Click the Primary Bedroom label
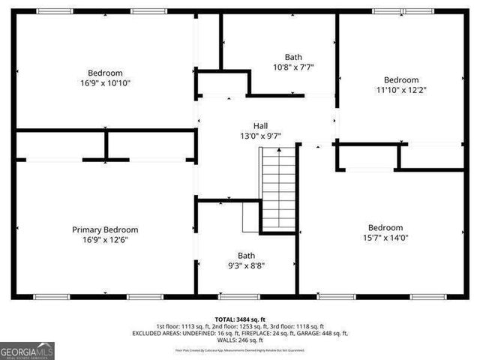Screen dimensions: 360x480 point(105,229)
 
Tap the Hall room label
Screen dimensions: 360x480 point(260,126)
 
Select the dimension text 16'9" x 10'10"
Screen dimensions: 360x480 point(105,83)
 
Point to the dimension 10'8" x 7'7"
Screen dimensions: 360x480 point(293,67)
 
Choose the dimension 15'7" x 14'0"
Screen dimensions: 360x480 point(385,238)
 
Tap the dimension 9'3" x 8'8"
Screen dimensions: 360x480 point(246,265)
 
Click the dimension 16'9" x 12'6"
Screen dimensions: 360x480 point(105,240)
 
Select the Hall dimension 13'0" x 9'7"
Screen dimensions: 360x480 point(260,136)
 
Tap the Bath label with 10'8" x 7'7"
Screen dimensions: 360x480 point(293,56)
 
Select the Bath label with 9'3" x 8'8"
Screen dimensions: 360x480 point(246,255)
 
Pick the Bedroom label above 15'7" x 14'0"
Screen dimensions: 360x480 point(385,228)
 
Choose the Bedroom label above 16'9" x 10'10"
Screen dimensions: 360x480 point(105,73)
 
